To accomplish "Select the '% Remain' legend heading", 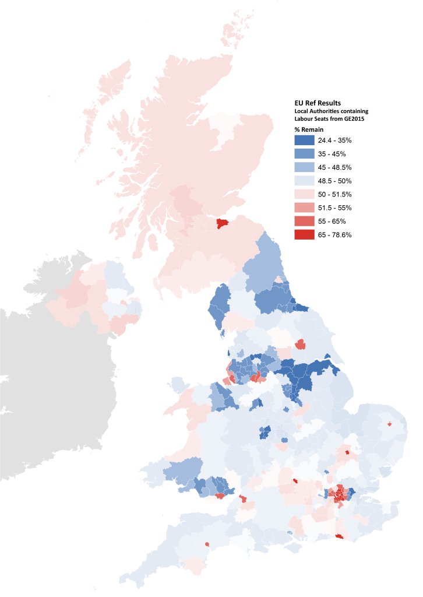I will pos(309,129).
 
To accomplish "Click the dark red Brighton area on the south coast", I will pos(340,537).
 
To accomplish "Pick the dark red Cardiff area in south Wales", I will pos(220,497).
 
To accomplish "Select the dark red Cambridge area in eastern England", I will pos(347,452).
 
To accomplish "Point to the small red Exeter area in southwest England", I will pos(207,545).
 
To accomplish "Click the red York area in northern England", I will pos(300,344).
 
